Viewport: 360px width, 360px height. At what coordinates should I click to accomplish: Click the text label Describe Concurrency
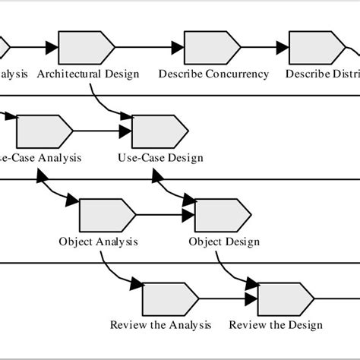point(213,74)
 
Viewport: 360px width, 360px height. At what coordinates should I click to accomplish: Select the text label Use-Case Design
point(160,158)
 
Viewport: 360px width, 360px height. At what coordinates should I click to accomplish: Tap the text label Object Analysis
point(98,242)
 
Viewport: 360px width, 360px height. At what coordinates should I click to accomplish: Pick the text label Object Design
point(224,242)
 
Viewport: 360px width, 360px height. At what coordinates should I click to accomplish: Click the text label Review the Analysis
point(160,325)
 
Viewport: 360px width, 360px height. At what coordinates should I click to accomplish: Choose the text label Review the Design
point(276,325)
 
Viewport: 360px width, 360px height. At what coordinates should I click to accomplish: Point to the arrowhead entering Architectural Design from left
point(52,48)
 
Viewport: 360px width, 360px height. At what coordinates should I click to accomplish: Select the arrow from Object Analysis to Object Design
point(163,215)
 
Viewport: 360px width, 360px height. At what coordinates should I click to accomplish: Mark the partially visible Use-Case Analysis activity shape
point(43,131)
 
